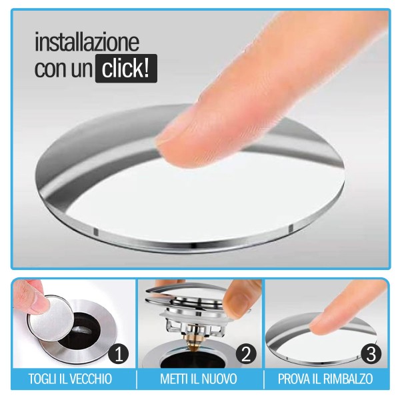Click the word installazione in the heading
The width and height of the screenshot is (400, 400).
point(87,43)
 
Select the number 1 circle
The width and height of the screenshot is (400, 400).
point(119,353)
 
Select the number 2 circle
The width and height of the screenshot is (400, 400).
point(247,353)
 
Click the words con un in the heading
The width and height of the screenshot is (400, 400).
point(63,69)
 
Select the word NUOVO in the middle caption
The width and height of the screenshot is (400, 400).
point(221,379)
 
